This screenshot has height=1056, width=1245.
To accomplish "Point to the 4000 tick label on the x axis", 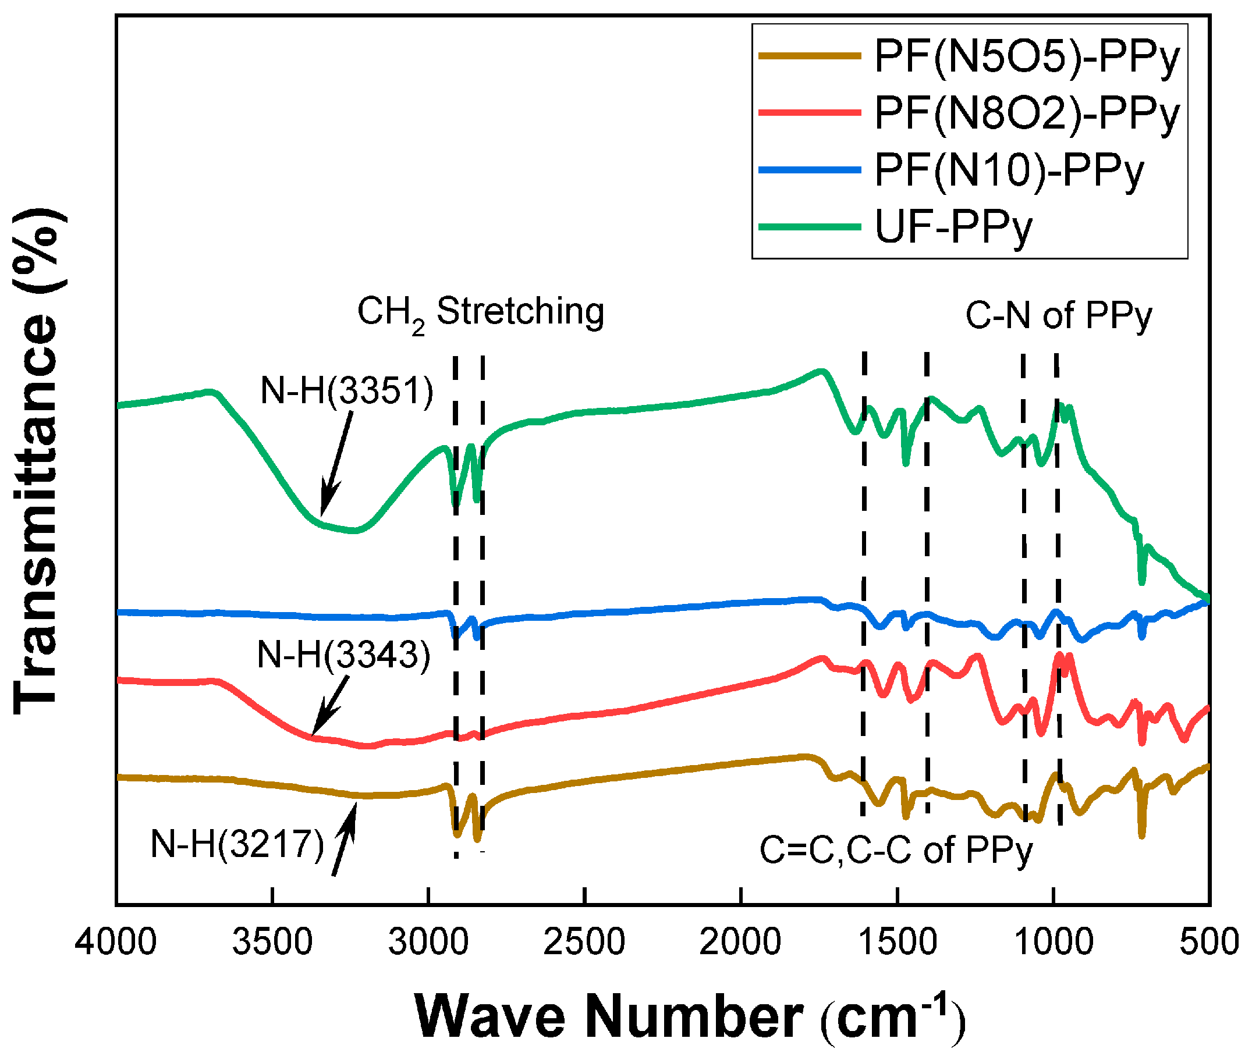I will pos(116,941).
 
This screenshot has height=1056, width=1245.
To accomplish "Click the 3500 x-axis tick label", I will pos(272,941).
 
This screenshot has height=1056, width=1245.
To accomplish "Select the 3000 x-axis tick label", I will pos(428,941).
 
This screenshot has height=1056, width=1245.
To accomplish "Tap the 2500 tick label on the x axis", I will pos(584,941).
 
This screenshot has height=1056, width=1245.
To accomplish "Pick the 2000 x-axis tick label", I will pos(741,941).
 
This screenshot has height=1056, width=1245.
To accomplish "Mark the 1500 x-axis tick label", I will pos(897,941).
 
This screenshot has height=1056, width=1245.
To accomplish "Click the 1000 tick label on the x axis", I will pos(1054,941).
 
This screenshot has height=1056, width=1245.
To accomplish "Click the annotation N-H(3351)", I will pos(347,392).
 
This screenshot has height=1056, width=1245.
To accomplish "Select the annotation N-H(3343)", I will pos(344,655).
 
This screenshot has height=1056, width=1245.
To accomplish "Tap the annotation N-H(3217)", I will pos(237,844).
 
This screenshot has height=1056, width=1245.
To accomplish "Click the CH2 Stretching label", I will pos(481,313).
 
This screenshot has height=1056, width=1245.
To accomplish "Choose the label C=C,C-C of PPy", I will pos(896,849).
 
